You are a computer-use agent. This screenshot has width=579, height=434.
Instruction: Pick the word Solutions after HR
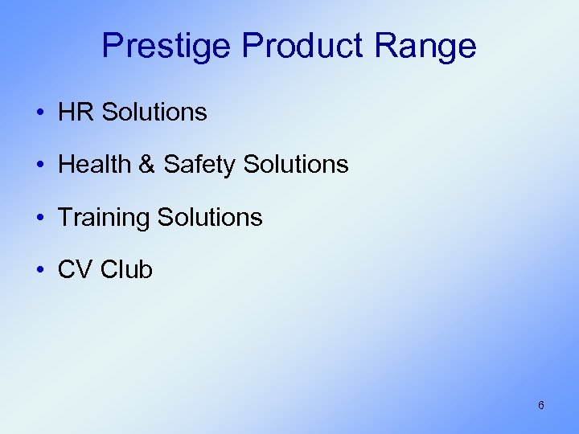(x=154, y=113)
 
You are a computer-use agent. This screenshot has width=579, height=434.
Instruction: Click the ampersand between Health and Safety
(x=147, y=165)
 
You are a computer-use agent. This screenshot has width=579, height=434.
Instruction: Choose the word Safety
(x=199, y=165)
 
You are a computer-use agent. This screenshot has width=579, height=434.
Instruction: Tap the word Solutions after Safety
(x=295, y=165)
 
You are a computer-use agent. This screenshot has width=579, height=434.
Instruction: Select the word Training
(x=105, y=217)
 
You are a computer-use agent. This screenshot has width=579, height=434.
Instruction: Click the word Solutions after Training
(x=210, y=217)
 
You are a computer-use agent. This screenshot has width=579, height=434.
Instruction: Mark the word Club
(x=127, y=269)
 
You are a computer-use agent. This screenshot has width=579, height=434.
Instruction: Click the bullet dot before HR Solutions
(x=40, y=113)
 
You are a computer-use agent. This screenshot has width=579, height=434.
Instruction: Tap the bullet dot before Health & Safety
(x=40, y=166)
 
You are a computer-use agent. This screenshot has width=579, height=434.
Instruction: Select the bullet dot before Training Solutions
(x=40, y=218)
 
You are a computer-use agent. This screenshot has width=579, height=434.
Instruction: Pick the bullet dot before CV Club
(x=40, y=270)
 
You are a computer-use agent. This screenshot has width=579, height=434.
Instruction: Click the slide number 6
(x=540, y=405)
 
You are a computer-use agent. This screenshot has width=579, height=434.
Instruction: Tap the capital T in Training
(x=65, y=217)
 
